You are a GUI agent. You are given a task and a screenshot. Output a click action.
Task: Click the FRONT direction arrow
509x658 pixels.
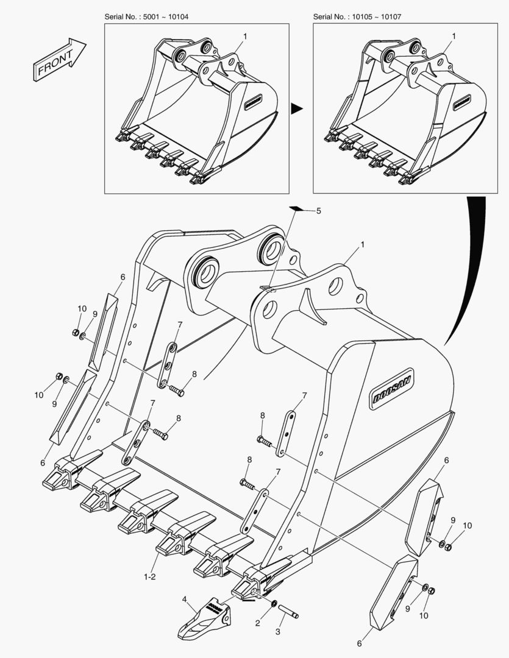60,60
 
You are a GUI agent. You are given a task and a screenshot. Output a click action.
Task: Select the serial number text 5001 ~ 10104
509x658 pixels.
166,17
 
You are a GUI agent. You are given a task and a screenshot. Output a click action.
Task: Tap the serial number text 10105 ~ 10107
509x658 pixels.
376,17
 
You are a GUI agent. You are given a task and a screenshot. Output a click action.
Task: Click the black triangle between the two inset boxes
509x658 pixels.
296,108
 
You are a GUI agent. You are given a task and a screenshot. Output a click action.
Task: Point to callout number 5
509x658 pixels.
319,211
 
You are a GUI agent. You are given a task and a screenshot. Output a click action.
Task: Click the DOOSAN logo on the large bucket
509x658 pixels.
392,389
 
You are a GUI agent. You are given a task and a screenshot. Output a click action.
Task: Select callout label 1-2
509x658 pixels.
150,577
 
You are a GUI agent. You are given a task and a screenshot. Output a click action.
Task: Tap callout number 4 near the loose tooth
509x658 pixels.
184,600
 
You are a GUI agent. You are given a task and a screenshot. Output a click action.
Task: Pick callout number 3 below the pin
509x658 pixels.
277,632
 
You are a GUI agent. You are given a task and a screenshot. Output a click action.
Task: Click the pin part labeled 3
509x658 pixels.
288,610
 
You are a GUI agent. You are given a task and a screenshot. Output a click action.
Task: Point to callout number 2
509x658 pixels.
258,624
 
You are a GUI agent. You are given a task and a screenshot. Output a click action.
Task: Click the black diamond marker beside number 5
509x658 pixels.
296,208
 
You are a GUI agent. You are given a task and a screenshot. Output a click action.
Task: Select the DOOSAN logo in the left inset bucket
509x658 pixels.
253,102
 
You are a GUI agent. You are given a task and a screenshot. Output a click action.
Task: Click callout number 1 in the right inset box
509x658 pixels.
454,37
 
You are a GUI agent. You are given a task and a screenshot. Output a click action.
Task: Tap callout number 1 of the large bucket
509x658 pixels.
363,244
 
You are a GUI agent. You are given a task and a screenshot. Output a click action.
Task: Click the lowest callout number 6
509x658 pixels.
359,643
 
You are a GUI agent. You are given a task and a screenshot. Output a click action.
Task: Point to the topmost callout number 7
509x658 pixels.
180,324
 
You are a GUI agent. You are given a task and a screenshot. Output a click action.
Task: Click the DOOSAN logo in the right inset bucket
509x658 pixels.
461,102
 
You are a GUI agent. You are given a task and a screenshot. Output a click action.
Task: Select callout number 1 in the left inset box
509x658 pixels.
245,37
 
